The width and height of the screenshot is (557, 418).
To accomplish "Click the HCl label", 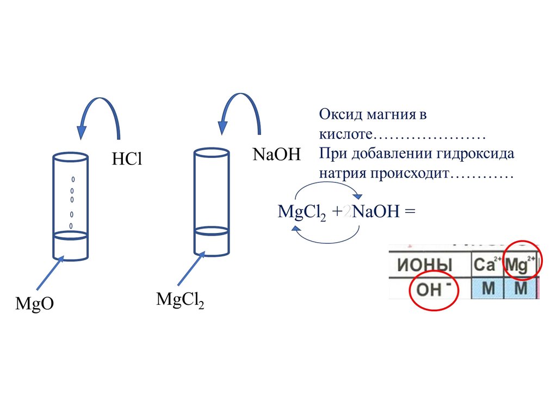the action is (x=126, y=159).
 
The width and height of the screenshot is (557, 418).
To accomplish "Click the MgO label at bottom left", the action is (x=34, y=304).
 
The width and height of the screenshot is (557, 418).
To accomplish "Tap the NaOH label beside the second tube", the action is (x=276, y=154).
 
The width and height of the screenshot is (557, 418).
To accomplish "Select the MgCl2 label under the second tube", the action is (x=180, y=300).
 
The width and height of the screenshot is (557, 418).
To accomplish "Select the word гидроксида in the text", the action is (x=475, y=153).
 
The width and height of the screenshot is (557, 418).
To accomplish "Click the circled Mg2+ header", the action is (x=521, y=266).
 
